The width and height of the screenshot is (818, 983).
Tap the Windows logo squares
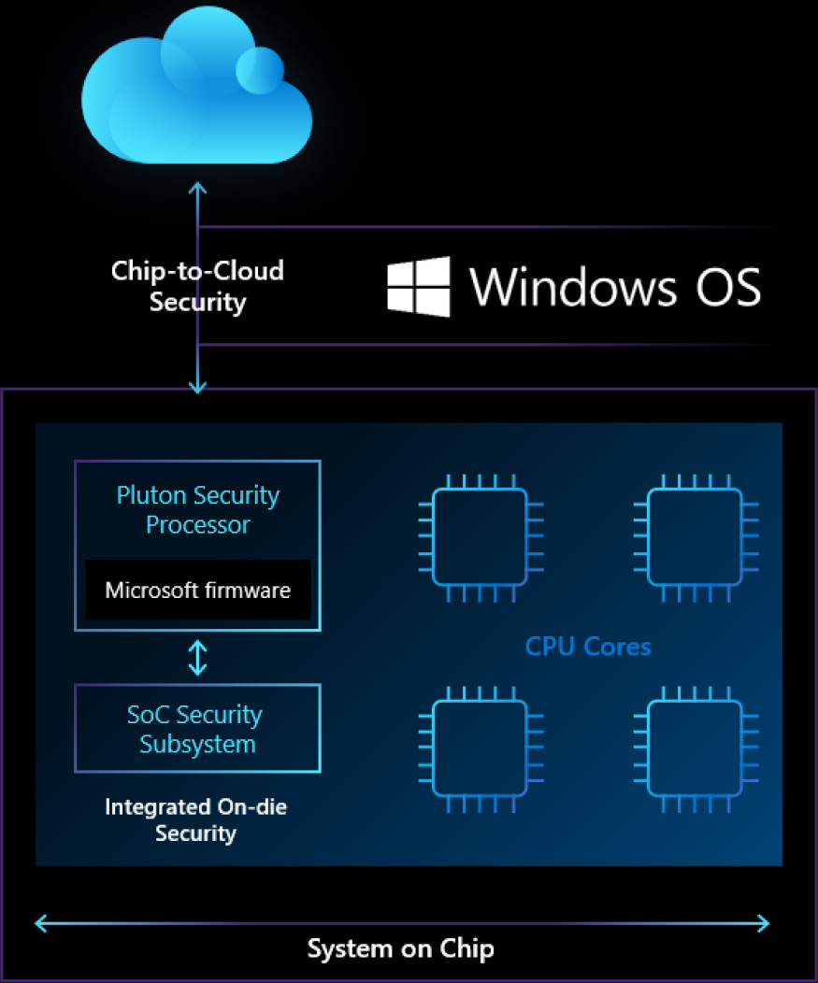pos(418,286)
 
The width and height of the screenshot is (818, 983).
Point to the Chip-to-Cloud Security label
pos(197,286)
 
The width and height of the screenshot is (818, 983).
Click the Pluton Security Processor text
pos(197,509)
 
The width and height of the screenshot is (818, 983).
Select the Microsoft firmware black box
pos(197,590)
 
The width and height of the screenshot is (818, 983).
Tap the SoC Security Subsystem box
pos(197,729)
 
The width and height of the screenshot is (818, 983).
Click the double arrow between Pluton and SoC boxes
pos(197,657)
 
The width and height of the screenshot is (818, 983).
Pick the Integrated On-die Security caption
pos(196,819)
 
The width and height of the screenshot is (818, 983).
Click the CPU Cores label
pos(588,646)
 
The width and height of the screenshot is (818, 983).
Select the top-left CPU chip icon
pos(481,537)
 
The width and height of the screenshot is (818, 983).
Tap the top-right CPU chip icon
pos(696,537)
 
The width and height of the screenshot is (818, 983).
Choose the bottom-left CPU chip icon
pos(481,748)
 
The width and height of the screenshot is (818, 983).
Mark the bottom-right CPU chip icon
pos(696,748)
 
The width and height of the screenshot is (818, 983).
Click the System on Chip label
pos(400,949)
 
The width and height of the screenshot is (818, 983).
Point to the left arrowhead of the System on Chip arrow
pos(40,924)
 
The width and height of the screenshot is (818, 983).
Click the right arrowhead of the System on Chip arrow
pos(764,924)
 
